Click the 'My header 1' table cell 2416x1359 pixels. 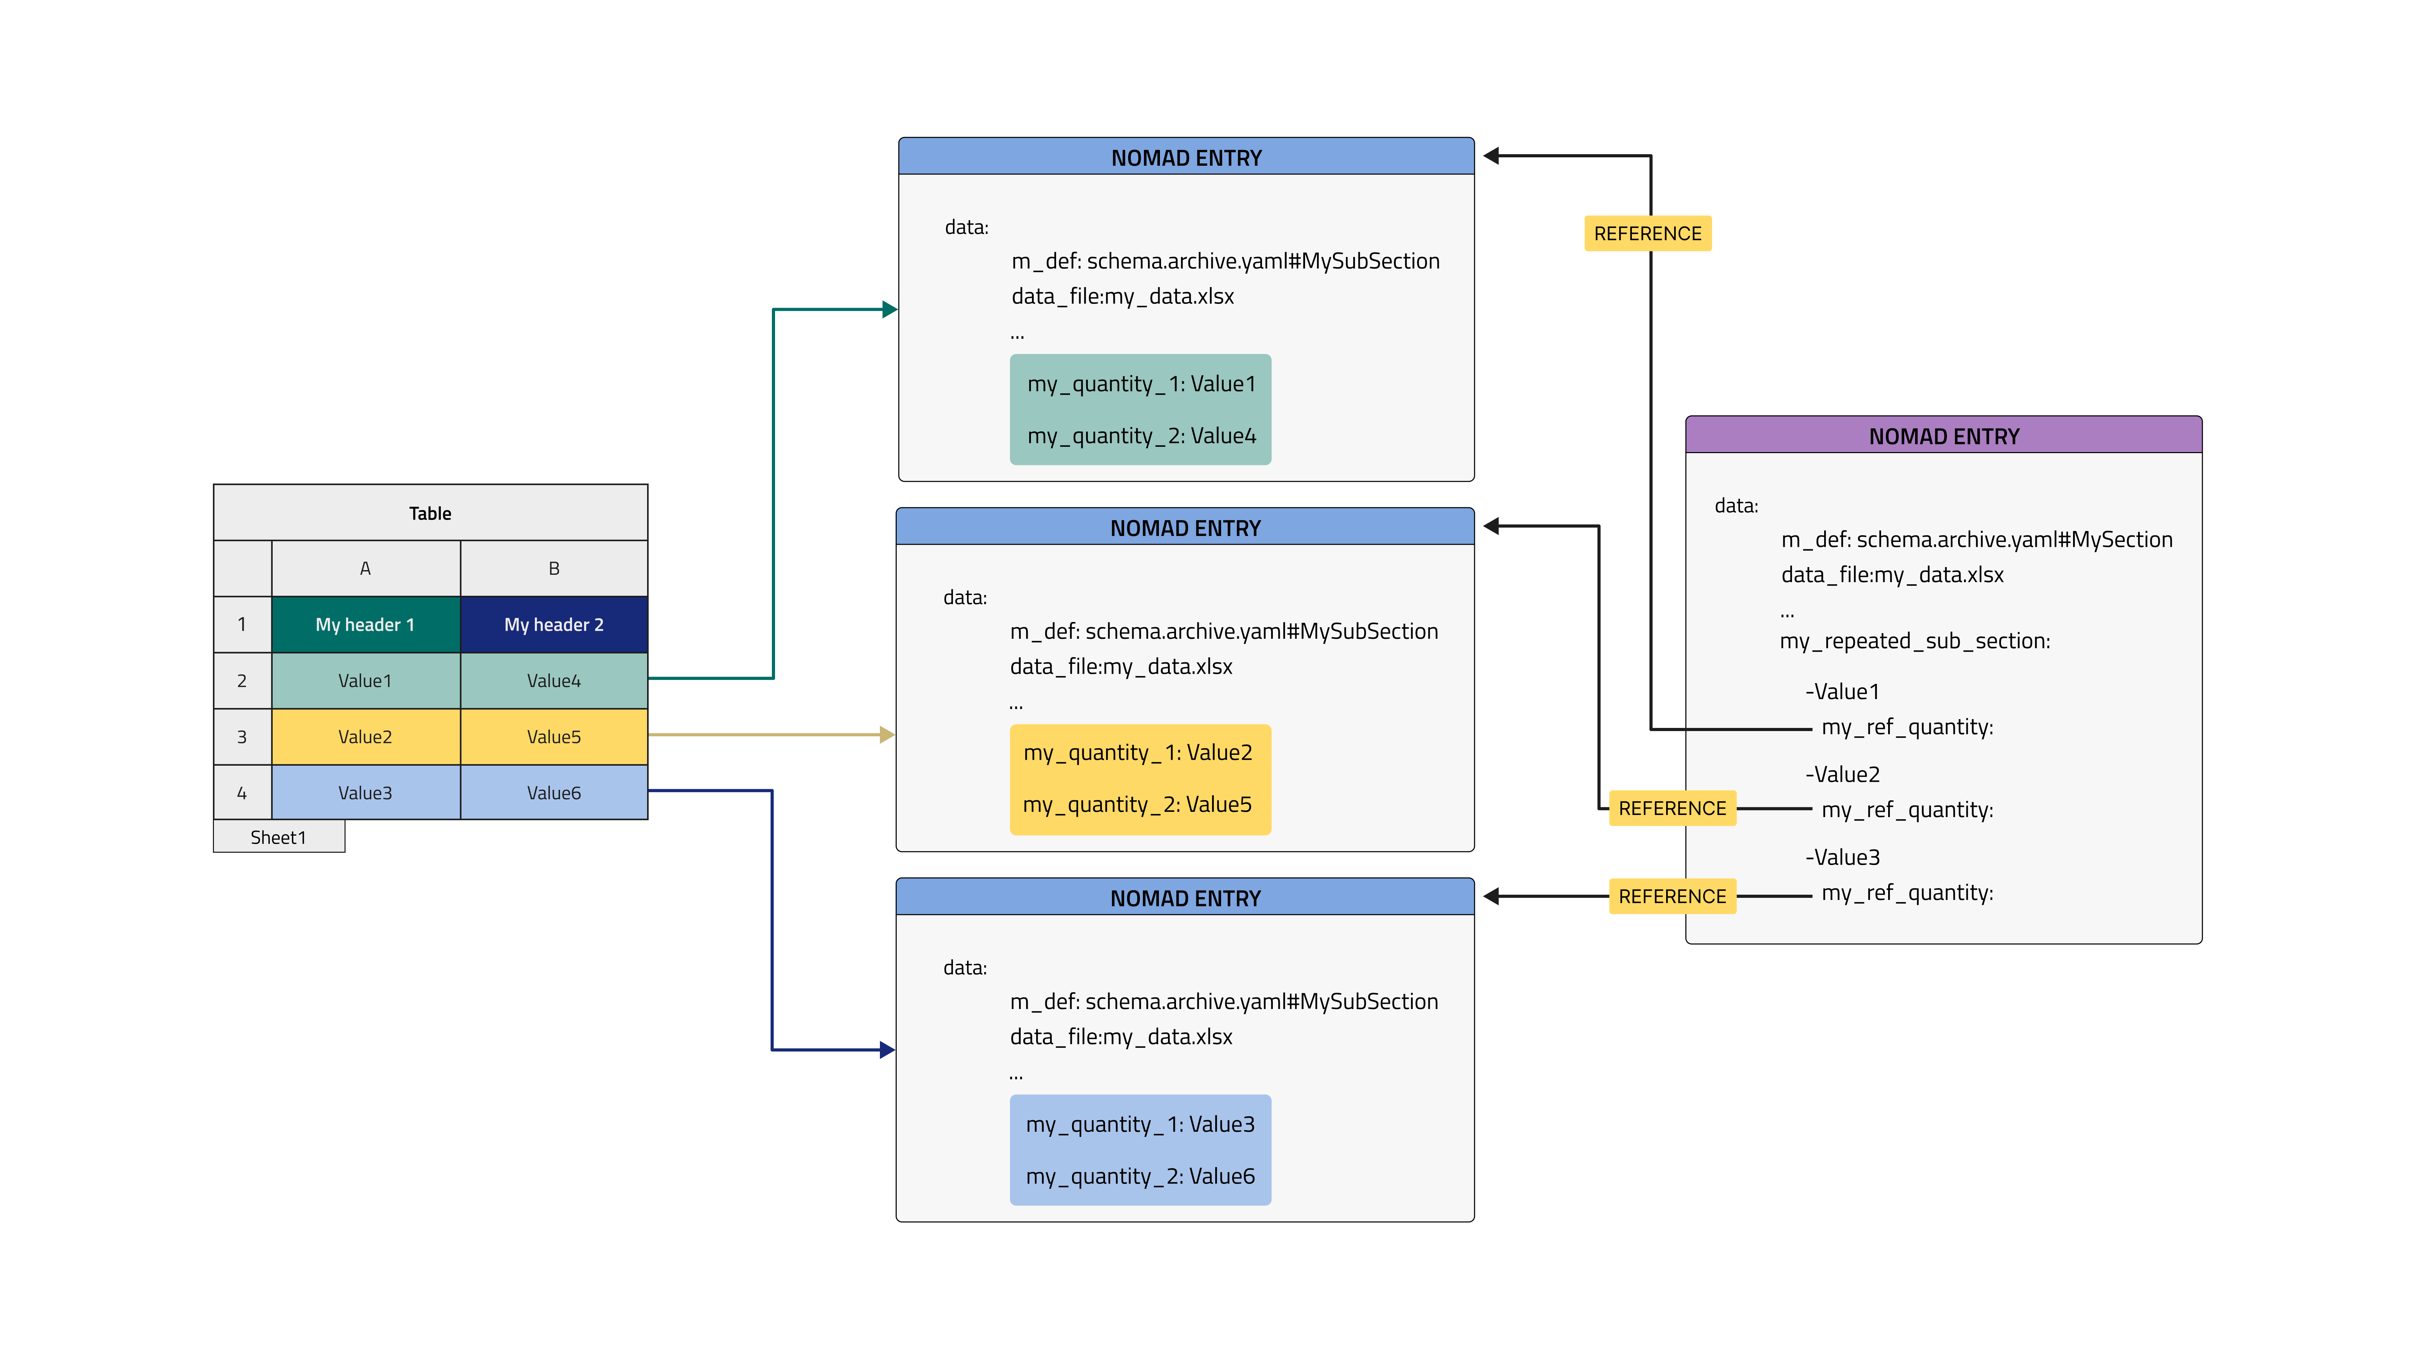click(x=365, y=625)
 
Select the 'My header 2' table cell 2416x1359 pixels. click(x=553, y=625)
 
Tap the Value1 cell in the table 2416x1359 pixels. click(x=365, y=681)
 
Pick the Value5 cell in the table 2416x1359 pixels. click(x=553, y=737)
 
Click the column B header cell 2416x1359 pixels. click(x=553, y=568)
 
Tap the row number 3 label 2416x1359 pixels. click(x=242, y=737)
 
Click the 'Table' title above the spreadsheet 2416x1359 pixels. click(x=430, y=513)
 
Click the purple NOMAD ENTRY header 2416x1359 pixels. click(x=1943, y=436)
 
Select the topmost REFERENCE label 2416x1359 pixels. click(x=1647, y=234)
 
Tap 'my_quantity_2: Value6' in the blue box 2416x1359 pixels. click(x=1140, y=1176)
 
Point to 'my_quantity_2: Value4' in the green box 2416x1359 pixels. click(x=1140, y=436)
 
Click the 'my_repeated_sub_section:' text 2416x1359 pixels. click(x=1914, y=642)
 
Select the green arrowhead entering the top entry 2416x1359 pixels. click(x=889, y=309)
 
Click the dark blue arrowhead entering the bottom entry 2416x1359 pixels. click(x=887, y=1050)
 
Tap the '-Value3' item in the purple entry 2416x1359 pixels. click(x=1842, y=857)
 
